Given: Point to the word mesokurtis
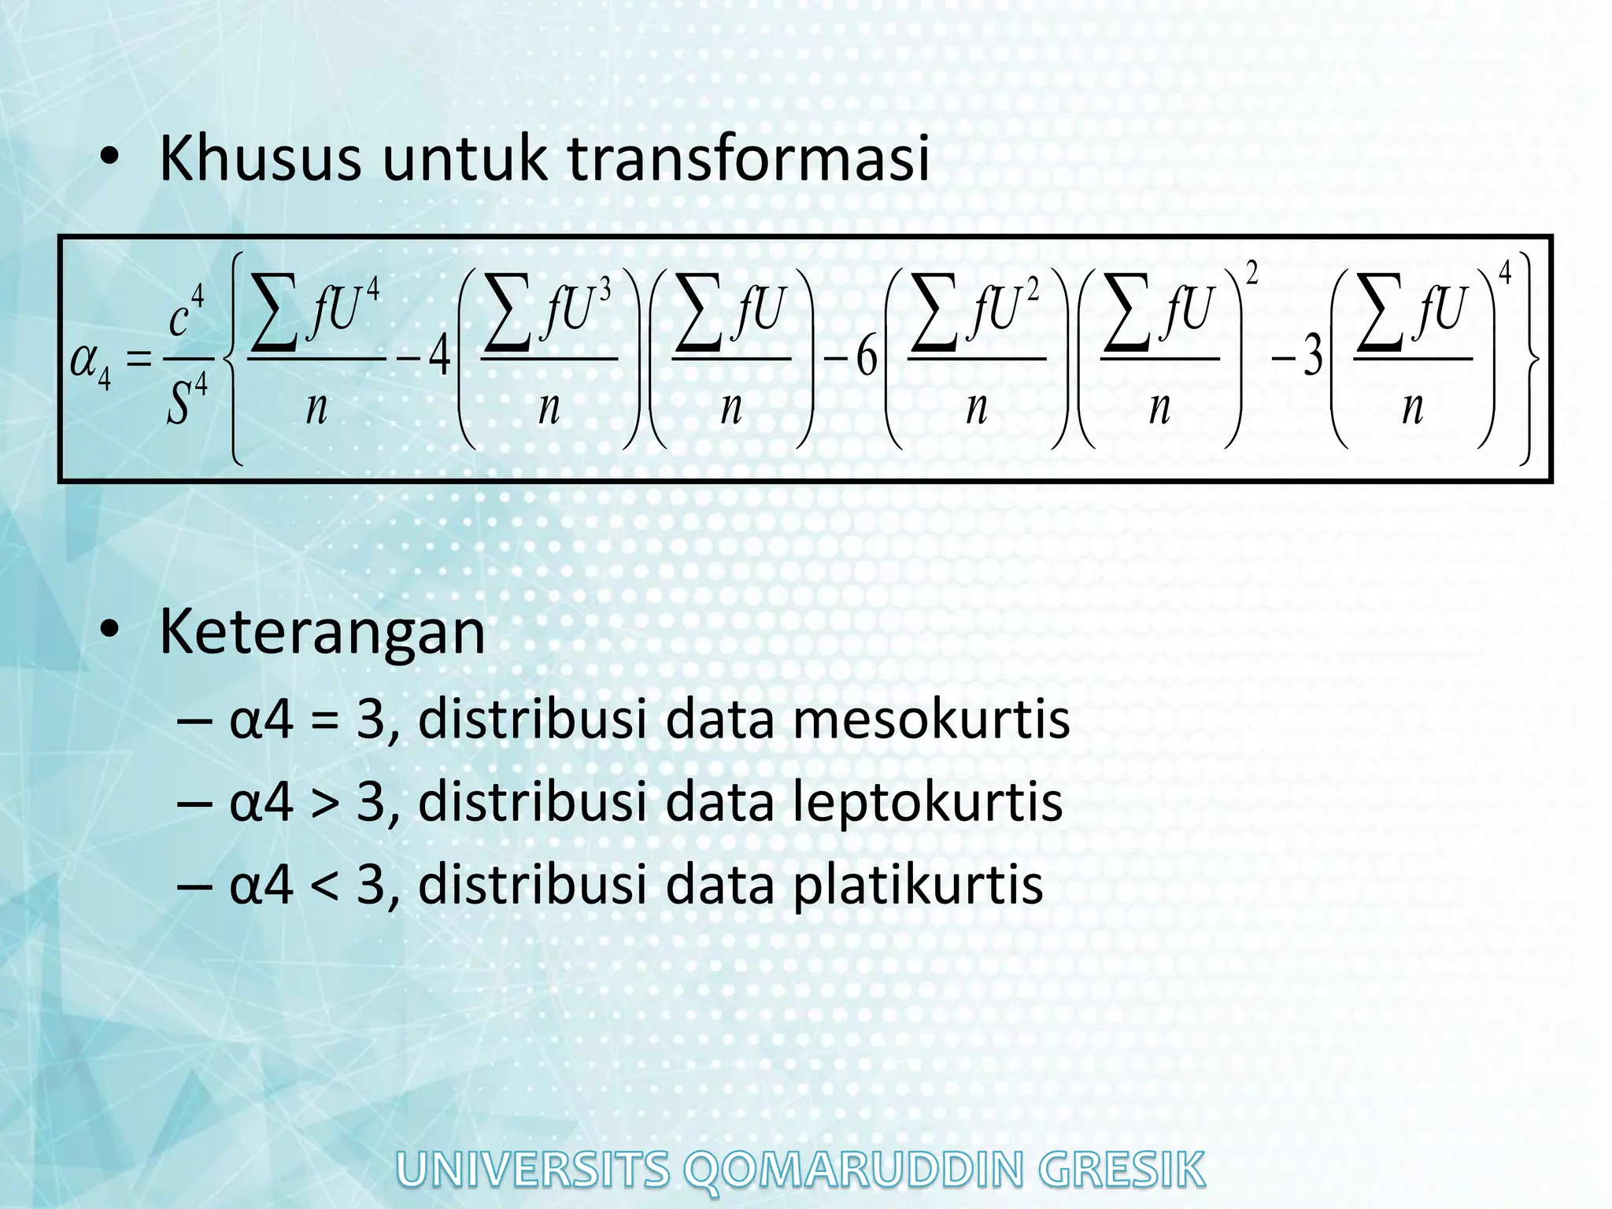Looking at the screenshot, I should (931, 719).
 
